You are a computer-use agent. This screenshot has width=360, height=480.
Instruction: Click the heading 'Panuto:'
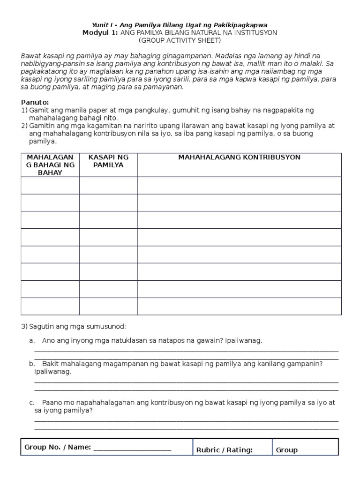[x=35, y=102]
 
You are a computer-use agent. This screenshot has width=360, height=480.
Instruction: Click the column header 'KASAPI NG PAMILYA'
[x=108, y=161]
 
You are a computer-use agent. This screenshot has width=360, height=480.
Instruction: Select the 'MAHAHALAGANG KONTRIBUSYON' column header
[x=239, y=157]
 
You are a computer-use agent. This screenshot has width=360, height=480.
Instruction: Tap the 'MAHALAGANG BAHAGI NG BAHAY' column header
[x=50, y=165]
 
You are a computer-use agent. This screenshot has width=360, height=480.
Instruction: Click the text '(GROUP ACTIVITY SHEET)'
[x=180, y=40]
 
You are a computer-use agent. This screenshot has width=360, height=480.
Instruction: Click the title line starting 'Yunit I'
[x=180, y=24]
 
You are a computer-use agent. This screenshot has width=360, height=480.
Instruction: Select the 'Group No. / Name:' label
[x=58, y=447]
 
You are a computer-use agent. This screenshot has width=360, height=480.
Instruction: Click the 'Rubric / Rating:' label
[x=225, y=450]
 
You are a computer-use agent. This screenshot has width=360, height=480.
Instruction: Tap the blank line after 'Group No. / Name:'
[x=132, y=448]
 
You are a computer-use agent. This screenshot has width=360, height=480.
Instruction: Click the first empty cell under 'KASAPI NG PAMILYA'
[x=108, y=185]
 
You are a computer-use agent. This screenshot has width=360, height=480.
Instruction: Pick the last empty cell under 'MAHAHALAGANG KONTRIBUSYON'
[x=239, y=306]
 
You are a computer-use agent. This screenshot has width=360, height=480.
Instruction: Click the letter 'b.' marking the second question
[x=32, y=364]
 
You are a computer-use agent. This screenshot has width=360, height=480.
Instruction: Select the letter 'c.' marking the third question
[x=32, y=403]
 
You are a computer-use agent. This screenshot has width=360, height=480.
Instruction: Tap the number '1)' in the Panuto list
[x=24, y=110]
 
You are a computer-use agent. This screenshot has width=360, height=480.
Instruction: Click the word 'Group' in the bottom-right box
[x=287, y=450]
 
